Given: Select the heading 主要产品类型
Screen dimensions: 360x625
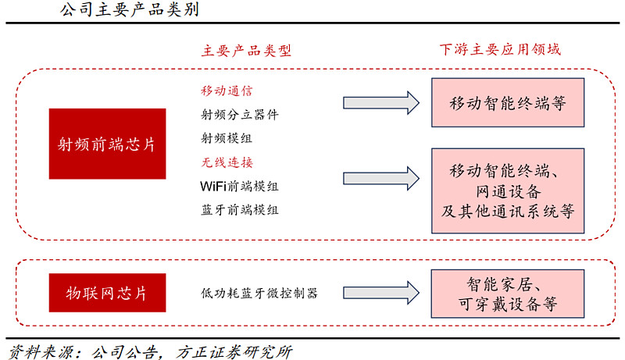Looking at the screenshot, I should pyautogui.click(x=246, y=51).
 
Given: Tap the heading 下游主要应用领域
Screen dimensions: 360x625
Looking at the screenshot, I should pyautogui.click(x=500, y=51).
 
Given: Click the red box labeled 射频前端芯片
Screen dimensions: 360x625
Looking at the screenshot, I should pyautogui.click(x=107, y=144).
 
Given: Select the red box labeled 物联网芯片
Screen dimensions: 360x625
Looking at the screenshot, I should pyautogui.click(x=107, y=294).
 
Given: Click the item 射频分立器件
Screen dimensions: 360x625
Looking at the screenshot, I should pyautogui.click(x=239, y=115).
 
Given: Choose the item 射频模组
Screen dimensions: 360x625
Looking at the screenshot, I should pyautogui.click(x=227, y=138).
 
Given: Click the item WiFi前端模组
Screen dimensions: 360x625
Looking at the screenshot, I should pyautogui.click(x=239, y=187).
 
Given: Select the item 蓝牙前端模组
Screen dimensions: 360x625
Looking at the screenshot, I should pyautogui.click(x=239, y=210).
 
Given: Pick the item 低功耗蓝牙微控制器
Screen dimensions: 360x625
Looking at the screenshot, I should pyautogui.click(x=259, y=294).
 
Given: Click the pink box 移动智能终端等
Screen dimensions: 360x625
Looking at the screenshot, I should pyautogui.click(x=508, y=102).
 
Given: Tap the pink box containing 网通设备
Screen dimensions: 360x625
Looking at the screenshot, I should pyautogui.click(x=508, y=191).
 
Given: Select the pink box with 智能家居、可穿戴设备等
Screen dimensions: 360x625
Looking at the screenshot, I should pyautogui.click(x=508, y=293).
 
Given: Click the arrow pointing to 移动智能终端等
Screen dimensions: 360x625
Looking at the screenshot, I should pyautogui.click(x=380, y=102).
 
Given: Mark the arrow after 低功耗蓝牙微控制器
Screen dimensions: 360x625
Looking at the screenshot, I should pyautogui.click(x=380, y=293).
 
